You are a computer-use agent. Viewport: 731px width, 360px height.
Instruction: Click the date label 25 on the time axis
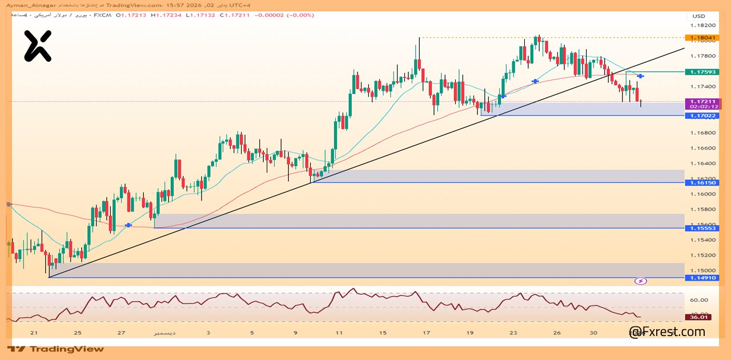click(78, 333)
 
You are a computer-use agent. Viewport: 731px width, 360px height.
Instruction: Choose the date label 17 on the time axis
click(426, 333)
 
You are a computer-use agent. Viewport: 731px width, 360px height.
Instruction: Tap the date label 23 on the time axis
click(513, 333)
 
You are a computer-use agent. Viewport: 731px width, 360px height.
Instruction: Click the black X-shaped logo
click(38, 46)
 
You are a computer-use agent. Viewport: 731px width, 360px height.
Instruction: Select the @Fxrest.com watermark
click(666, 332)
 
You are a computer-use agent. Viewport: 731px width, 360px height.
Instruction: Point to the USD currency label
click(699, 16)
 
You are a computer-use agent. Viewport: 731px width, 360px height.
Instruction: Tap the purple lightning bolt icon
click(641, 281)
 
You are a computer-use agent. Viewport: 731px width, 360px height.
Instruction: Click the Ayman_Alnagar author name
click(26, 5)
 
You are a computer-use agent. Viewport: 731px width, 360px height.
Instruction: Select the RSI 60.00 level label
click(699, 300)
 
